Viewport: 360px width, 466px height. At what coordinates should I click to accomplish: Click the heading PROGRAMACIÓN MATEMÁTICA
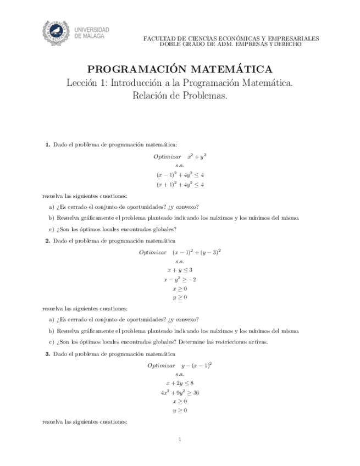click(x=180, y=70)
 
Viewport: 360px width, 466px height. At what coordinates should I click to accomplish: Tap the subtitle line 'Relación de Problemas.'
click(x=180, y=95)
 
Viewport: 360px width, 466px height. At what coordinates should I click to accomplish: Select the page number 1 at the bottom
click(x=180, y=439)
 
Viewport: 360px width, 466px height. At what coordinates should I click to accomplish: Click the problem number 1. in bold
click(x=48, y=145)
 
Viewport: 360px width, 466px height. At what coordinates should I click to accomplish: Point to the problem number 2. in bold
click(x=48, y=241)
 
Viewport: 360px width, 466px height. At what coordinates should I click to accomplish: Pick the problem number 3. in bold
click(x=48, y=354)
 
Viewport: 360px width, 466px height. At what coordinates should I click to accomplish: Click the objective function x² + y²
click(x=196, y=156)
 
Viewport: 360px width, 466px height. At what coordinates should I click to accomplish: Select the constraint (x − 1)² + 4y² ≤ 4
click(x=180, y=175)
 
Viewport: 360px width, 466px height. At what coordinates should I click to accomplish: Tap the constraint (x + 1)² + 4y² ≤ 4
click(x=180, y=185)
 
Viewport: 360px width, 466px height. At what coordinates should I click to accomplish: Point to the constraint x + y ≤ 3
click(x=180, y=270)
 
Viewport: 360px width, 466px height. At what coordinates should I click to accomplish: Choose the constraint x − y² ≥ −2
click(x=180, y=279)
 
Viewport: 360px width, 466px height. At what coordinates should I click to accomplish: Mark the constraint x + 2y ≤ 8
click(x=180, y=383)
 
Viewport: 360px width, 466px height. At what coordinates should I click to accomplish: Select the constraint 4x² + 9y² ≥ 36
click(x=180, y=392)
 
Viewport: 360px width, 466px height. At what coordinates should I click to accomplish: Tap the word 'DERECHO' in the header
click(x=285, y=44)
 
